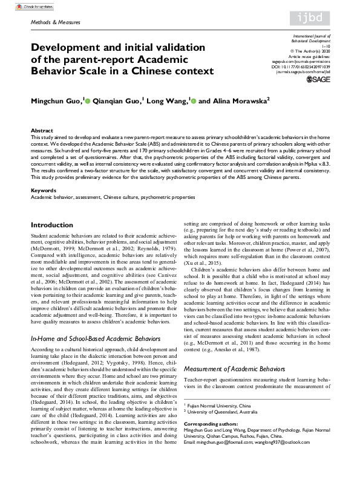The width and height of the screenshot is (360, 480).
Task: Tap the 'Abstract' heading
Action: [x=42, y=130]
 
